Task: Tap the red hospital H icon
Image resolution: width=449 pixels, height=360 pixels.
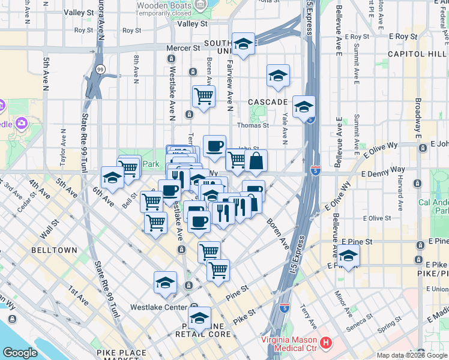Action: click(326, 343)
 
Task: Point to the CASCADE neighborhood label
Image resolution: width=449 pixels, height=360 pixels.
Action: click(268, 103)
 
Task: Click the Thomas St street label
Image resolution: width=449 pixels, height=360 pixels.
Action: click(253, 125)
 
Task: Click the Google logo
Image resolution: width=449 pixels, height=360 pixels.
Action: click(20, 353)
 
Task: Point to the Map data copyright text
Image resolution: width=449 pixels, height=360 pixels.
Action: click(412, 355)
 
